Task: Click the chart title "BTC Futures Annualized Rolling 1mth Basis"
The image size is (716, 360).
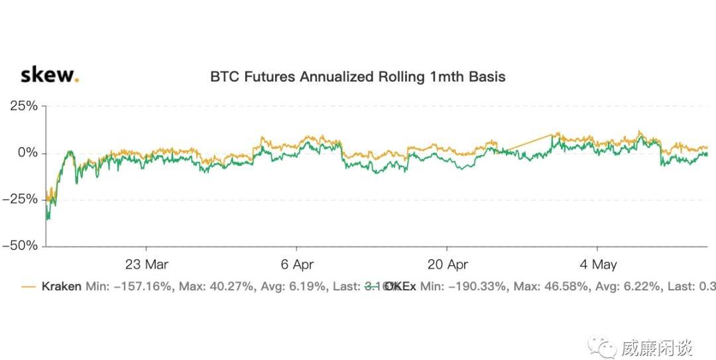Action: [x=357, y=77]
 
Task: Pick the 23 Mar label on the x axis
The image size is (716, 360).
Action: [x=147, y=265]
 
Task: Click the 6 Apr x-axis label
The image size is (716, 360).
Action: [x=297, y=265]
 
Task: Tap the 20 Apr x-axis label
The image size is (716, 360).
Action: [x=447, y=265]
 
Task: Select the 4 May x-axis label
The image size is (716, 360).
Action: [x=598, y=265]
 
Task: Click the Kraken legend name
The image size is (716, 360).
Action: [x=62, y=286]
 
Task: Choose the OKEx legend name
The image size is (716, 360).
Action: [x=401, y=286]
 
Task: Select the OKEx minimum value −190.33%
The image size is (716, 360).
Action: [x=476, y=286]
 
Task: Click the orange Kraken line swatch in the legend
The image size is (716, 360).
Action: [x=29, y=287]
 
